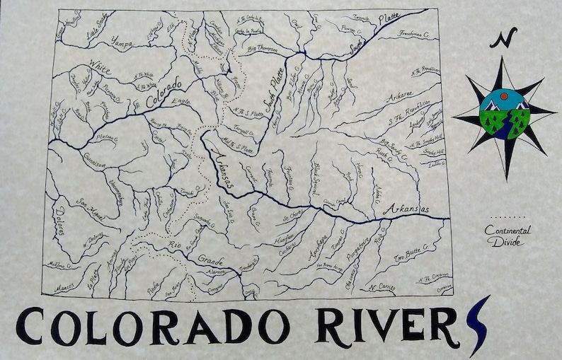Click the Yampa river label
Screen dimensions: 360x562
point(122,41)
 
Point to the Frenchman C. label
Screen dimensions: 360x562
point(414,34)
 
